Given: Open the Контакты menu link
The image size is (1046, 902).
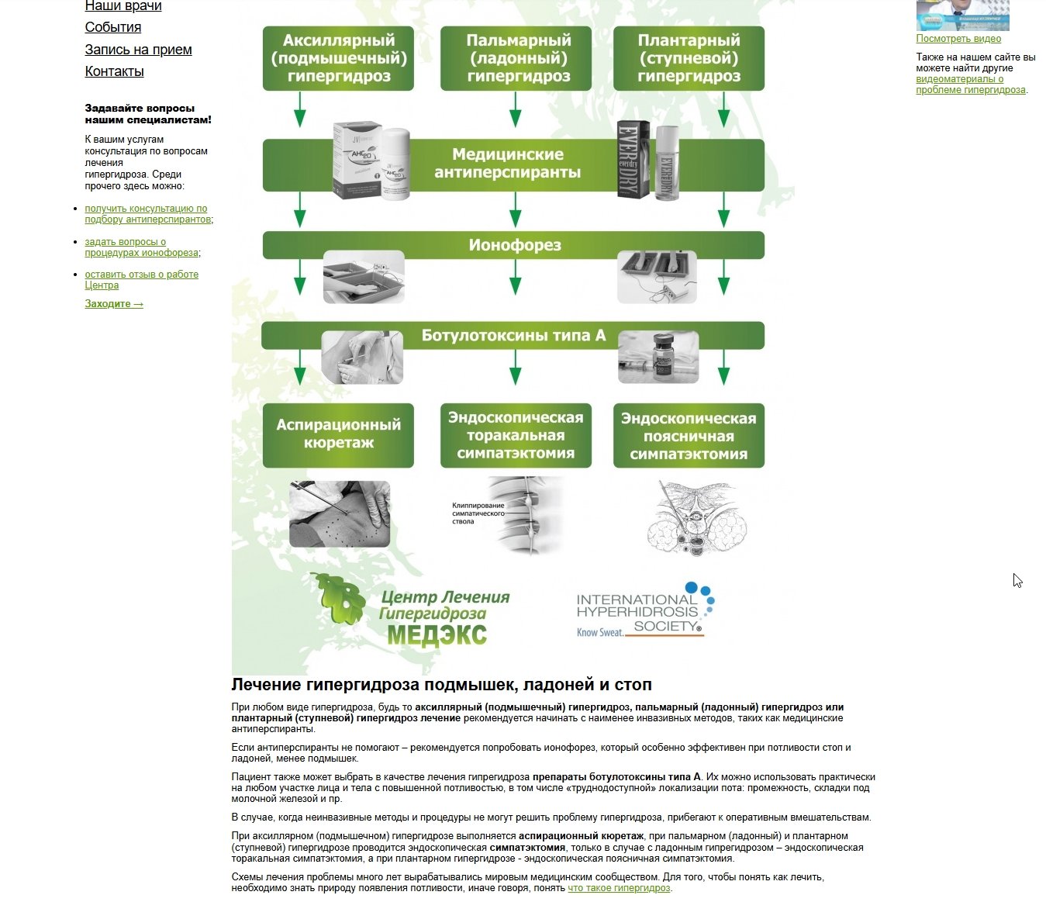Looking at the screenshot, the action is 114,71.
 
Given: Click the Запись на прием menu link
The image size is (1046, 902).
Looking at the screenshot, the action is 138,50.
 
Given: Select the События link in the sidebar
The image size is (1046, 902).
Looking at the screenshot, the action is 113,27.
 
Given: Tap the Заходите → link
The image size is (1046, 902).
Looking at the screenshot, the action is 114,304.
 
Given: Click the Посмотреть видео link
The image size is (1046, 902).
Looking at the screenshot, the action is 958,39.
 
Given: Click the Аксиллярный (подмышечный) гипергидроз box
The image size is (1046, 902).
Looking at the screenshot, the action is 338,58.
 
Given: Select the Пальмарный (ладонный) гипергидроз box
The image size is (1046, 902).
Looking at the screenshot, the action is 516,58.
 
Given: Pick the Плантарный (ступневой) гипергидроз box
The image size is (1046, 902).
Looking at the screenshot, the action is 689,58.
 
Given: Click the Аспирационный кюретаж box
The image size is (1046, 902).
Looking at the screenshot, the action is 338,435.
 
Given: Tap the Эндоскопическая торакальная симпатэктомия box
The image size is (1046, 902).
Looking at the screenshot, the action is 516,435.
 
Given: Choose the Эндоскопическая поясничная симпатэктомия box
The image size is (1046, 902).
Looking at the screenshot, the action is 689,435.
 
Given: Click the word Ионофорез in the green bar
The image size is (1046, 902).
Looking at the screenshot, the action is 515,245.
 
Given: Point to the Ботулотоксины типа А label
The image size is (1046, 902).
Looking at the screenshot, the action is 513,336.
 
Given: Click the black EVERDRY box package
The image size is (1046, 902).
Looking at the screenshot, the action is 633,160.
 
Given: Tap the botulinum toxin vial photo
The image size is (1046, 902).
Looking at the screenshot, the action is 658,358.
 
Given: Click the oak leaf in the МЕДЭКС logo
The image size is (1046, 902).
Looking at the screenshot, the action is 339,598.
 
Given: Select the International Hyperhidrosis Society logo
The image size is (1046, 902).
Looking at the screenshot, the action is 645,610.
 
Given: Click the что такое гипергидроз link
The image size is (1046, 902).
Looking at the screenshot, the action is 619,888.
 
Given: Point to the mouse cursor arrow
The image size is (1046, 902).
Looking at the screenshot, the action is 1017,580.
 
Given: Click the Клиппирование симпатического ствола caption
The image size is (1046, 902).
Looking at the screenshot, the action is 478,513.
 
